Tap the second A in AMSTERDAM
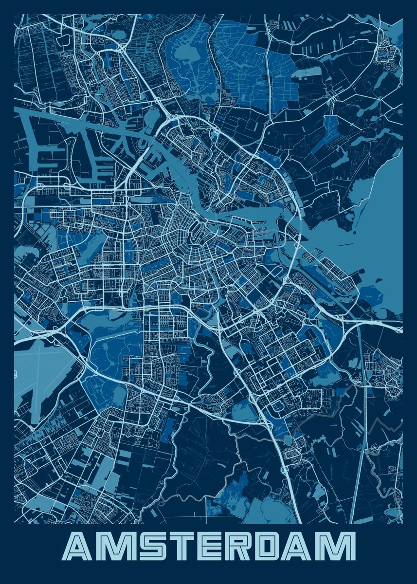coord(307,547)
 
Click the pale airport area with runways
coord(41,370)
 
